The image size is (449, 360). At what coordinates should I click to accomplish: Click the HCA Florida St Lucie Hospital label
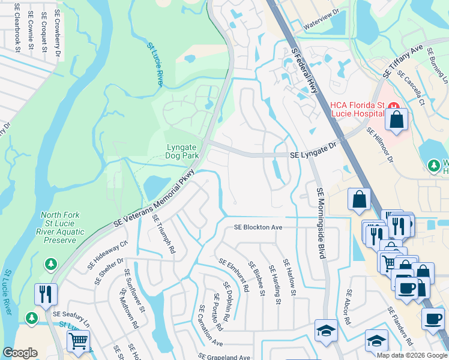coord(357,109)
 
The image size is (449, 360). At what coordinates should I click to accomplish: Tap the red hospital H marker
coord(394,107)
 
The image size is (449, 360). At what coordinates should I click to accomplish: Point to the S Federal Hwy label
coord(304,71)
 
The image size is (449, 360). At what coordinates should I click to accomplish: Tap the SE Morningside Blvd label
coord(320,222)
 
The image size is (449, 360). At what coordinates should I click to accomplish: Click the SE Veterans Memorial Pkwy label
coord(158,205)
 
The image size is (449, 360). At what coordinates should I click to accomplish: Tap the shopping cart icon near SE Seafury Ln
coord(78,342)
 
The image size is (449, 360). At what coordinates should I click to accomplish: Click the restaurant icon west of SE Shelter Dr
coord(46,295)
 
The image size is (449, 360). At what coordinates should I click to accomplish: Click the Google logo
coord(20,353)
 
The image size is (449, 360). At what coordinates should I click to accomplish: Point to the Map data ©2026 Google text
coord(412,355)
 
